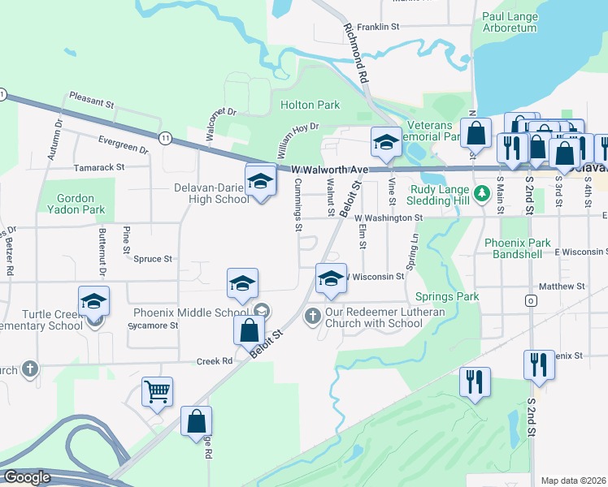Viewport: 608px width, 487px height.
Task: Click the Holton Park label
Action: click(x=310, y=105)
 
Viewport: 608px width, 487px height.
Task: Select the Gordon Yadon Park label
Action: click(x=82, y=204)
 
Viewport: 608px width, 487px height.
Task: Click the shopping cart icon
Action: click(x=157, y=391)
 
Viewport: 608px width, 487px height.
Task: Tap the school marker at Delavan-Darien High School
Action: click(x=261, y=181)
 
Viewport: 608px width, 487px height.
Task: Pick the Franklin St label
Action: click(x=379, y=27)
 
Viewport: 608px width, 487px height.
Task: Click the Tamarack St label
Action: click(x=98, y=166)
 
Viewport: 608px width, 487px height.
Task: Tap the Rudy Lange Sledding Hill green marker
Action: click(x=481, y=193)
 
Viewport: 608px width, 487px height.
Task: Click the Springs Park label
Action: click(x=447, y=297)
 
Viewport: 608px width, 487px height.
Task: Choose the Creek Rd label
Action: click(x=215, y=361)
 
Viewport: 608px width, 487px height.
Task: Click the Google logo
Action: click(x=27, y=476)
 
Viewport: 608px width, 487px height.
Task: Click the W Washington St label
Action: click(x=389, y=218)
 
